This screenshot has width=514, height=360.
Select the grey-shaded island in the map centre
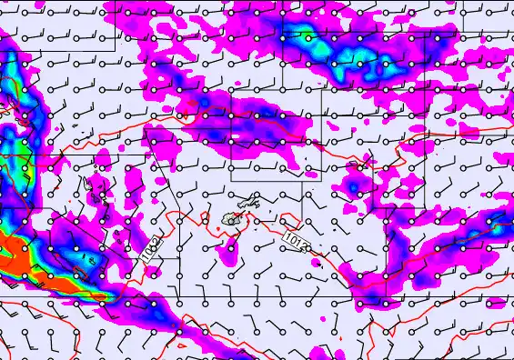click(233, 219)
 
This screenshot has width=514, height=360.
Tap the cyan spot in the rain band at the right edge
click(499, 222)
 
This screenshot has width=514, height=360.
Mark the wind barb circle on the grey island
click(231, 220)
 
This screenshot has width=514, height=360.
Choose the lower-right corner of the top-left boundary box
click(116, 51)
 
